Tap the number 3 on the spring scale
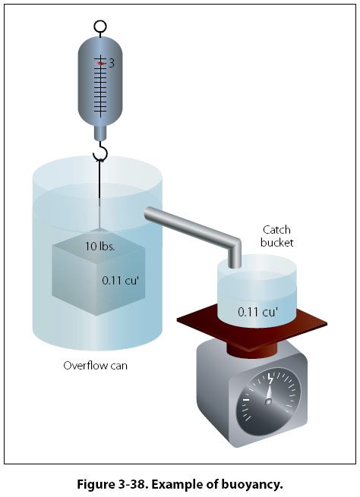pyautogui.click(x=112, y=64)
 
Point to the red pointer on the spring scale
pyautogui.click(x=100, y=64)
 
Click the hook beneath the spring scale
pyautogui.click(x=100, y=153)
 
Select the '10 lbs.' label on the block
pyautogui.click(x=99, y=247)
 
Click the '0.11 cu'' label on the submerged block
pyautogui.click(x=121, y=281)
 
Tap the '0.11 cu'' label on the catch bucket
pyautogui.click(x=258, y=312)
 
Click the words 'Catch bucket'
pyautogui.click(x=277, y=236)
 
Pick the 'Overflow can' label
pyautogui.click(x=96, y=366)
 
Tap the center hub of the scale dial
pyautogui.click(x=269, y=401)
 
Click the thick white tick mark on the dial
pyautogui.click(x=246, y=400)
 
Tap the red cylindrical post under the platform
pyautogui.click(x=252, y=351)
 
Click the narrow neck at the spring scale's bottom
pyautogui.click(x=100, y=133)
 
